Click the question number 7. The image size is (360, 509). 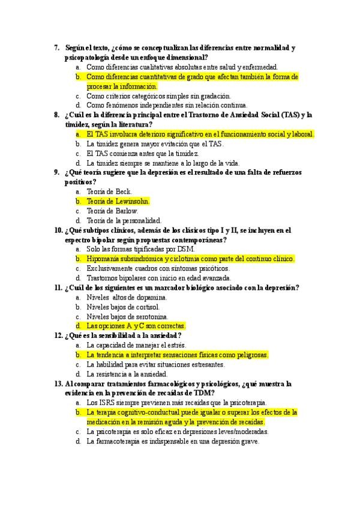[56, 47]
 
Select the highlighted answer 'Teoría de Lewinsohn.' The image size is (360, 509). [118, 201]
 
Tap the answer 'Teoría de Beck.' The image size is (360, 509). [109, 191]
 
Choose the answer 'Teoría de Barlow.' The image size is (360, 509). [112, 211]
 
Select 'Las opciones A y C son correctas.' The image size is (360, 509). [136, 326]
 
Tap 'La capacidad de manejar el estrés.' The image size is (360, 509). [136, 345]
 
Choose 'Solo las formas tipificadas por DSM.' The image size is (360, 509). [139, 249]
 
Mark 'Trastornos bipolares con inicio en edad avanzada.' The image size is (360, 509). [158, 278]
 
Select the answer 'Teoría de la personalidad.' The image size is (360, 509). [124, 220]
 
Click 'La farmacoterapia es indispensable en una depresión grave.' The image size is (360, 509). [173, 441]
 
